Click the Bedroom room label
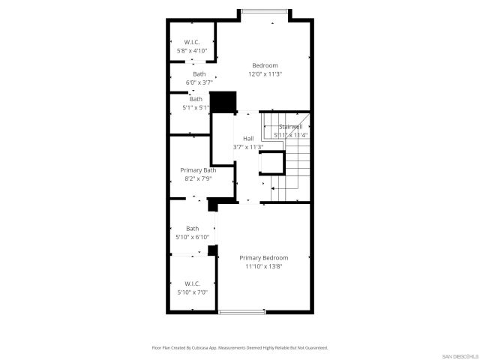[264, 65]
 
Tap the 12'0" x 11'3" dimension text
[264, 74]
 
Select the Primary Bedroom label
[264, 258]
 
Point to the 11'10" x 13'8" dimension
[264, 267]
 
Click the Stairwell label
[290, 127]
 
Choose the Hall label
[247, 139]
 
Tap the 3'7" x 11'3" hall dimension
[247, 147]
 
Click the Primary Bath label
[198, 170]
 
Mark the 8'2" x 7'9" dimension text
[198, 178]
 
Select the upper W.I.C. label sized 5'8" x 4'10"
[191, 42]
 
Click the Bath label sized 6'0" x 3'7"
[199, 73]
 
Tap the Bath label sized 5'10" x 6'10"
[193, 229]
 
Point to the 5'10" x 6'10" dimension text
[193, 237]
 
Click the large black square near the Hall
[223, 101]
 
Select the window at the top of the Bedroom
[262, 11]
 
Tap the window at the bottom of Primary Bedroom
[241, 311]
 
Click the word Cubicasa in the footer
[196, 348]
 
